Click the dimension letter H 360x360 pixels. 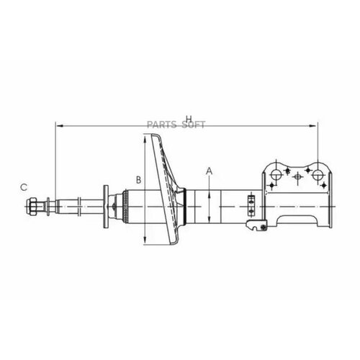point(189,119)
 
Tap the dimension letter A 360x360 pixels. point(210,171)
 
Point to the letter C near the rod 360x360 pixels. point(23,187)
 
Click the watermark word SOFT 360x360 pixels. point(193,125)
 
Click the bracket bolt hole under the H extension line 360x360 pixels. point(315,173)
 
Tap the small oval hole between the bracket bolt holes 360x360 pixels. point(296,177)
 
